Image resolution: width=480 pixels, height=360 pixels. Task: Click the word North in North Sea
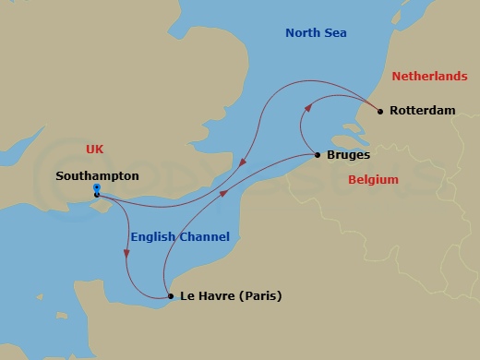302,34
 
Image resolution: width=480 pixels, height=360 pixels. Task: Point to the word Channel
206,237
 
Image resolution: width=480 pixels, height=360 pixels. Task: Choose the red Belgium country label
373,180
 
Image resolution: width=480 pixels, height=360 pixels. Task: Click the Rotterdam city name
423,111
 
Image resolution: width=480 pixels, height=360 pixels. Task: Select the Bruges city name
349,156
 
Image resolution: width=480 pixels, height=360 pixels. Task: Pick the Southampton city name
97,174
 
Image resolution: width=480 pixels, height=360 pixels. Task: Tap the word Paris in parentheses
261,297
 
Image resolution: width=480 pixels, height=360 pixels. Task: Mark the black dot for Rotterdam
380,112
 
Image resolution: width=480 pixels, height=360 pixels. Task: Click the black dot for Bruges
318,155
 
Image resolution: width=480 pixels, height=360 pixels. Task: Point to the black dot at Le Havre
170,296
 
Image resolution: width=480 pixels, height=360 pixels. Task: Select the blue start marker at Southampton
96,189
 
